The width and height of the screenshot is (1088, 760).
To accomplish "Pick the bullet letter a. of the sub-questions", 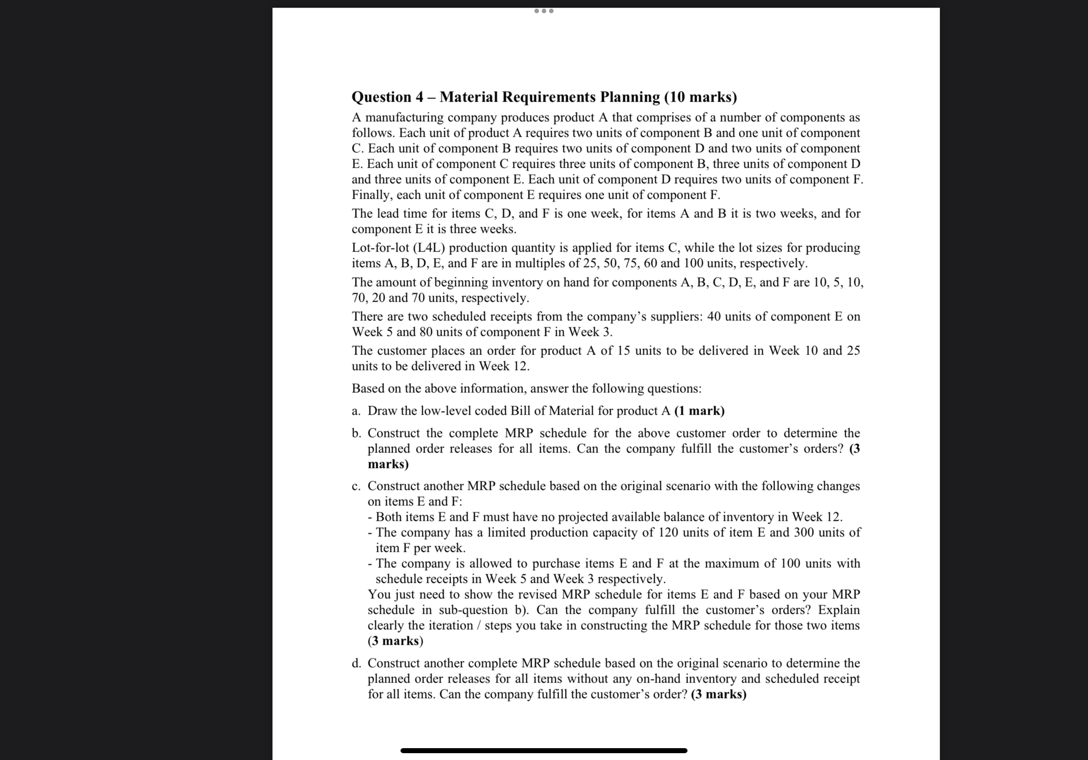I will tap(356, 411).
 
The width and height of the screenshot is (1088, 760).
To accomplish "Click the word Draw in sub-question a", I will tap(382, 411).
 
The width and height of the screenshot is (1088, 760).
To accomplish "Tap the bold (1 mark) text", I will tap(699, 411).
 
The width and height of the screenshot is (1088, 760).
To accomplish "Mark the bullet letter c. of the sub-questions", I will tap(356, 486).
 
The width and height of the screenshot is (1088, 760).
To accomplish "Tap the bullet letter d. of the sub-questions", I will tap(356, 663).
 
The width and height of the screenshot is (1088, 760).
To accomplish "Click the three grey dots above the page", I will tap(544, 11).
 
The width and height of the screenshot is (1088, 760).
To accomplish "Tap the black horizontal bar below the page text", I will tap(544, 750).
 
